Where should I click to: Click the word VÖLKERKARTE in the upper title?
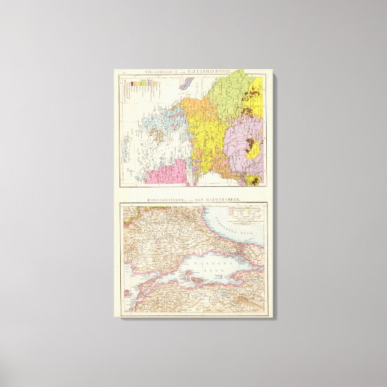pyautogui.click(x=157, y=72)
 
